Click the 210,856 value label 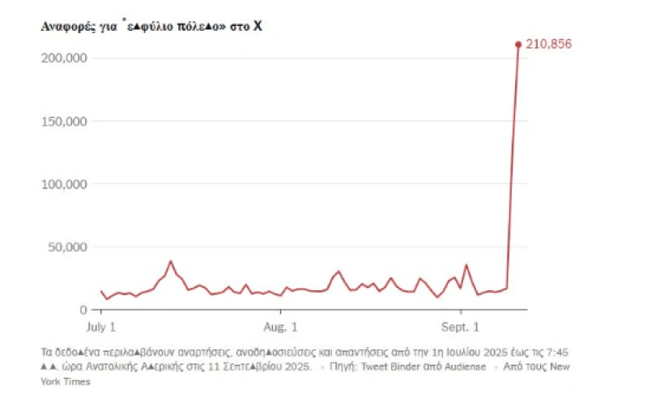pos(549,44)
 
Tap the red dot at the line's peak pos(518,44)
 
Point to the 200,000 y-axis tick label pos(63,58)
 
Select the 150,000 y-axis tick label pos(63,121)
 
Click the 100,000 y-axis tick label pos(63,184)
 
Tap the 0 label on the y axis pos(83,310)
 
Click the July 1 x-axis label pos(101,327)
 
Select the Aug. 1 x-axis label pos(282,327)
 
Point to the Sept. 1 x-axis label pos(461,327)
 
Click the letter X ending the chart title pos(258,27)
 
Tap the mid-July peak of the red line pos(170,261)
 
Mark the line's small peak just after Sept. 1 pos(466,265)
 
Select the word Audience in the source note pos(466,367)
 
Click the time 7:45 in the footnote pos(559,352)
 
